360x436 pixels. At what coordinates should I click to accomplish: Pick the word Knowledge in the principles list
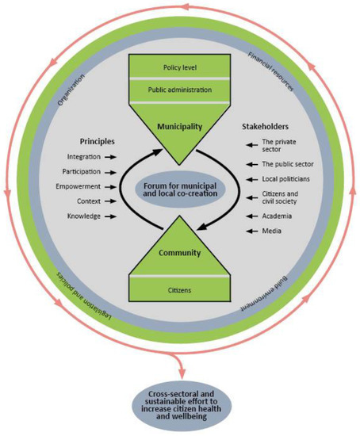pos(83,216)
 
